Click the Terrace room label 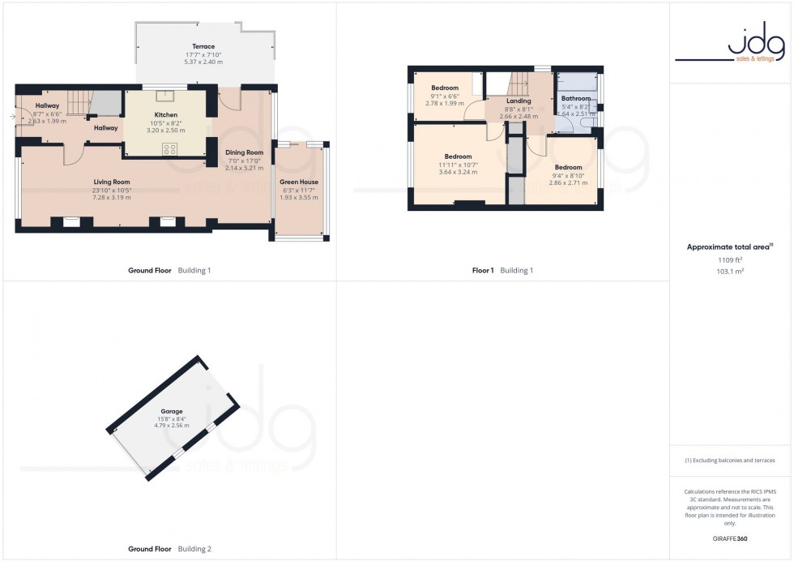point(203,46)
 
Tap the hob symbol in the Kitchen point(171,148)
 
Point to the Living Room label point(111,182)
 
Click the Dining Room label point(244,152)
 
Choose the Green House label point(299,182)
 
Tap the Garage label point(171,411)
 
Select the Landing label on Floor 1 point(519,101)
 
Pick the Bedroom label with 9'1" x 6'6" point(445,88)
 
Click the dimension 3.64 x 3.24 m point(458,172)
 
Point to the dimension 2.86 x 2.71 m point(568,182)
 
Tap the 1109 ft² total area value point(730,260)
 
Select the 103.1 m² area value point(730,272)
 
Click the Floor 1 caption point(483,270)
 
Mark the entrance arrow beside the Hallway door point(12,117)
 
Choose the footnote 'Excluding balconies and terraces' point(730,461)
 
